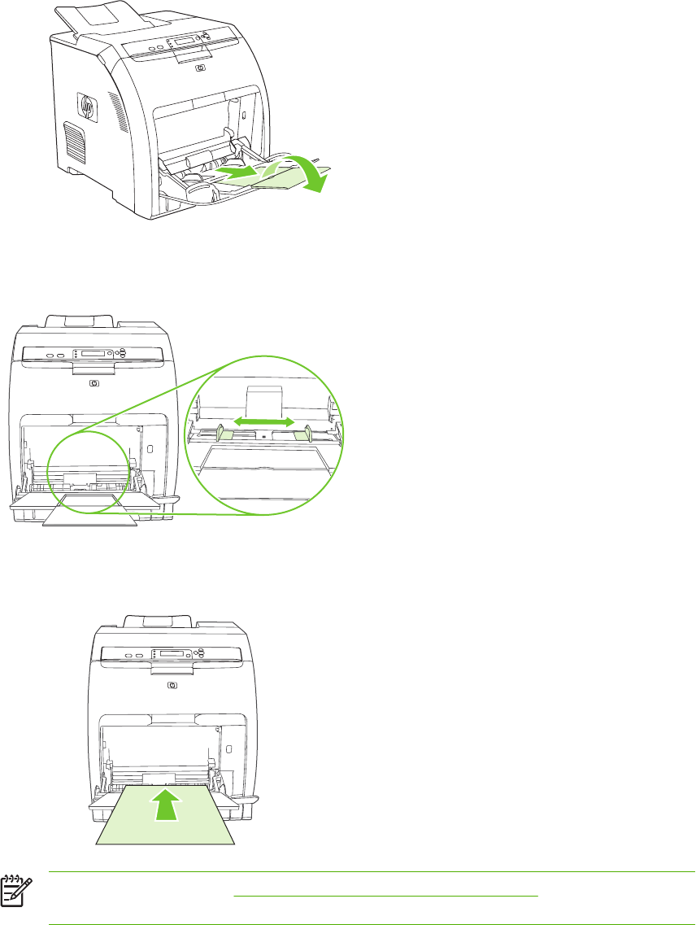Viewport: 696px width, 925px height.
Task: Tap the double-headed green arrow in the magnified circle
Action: pyautogui.click(x=264, y=422)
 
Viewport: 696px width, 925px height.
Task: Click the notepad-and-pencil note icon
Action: pyautogui.click(x=13, y=889)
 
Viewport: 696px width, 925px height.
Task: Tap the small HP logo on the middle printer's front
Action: pyautogui.click(x=95, y=382)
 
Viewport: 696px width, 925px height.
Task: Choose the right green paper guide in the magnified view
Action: pyautogui.click(x=304, y=434)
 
